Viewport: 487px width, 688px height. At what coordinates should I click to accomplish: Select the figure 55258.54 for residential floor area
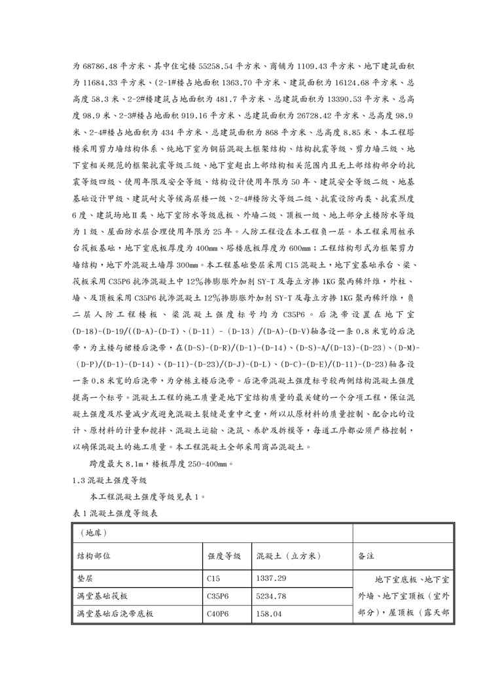coord(215,66)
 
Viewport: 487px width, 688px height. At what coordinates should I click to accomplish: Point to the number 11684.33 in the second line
coord(103,83)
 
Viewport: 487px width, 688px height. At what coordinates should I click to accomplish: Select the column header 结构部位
coord(94,556)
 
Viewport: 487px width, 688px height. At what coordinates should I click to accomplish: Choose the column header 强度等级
coord(219,556)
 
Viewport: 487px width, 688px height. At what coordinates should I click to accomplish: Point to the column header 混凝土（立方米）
coord(288,556)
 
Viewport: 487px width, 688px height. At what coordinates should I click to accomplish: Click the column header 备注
coord(366,556)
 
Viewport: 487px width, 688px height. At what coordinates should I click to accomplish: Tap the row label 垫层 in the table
coord(84,579)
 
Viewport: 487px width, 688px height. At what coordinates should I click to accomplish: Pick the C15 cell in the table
coord(213,579)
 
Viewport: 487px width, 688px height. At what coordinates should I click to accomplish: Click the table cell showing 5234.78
coord(272,596)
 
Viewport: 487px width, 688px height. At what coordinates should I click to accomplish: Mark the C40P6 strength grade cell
coord(217,614)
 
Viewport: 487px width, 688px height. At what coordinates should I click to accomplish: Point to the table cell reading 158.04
coord(270,614)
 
